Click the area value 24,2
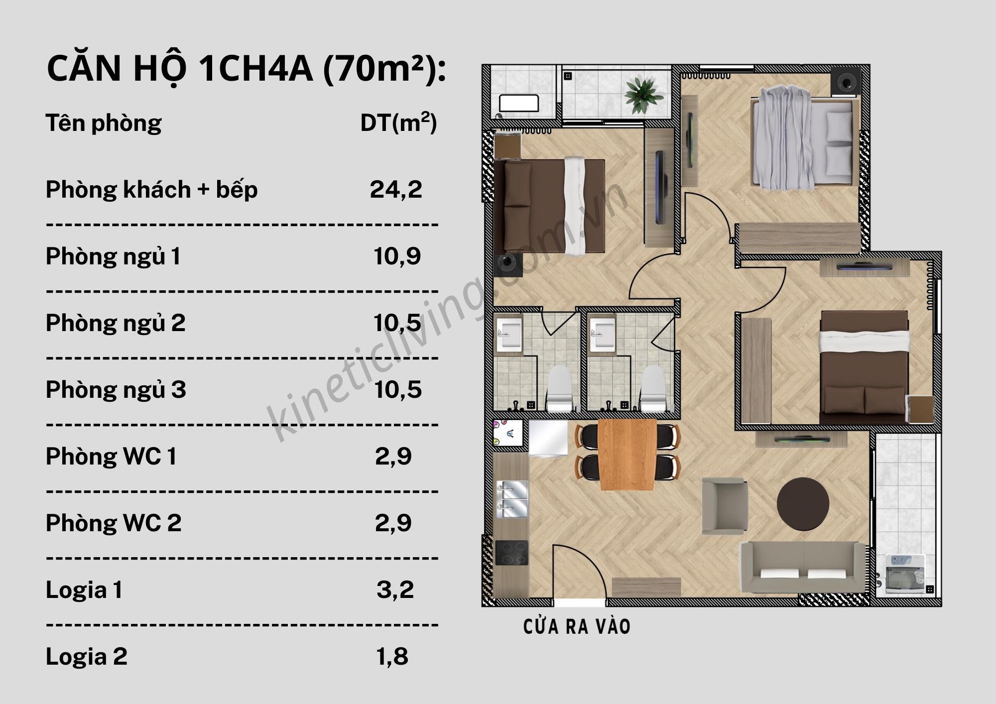[396, 190]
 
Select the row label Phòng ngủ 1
[113, 256]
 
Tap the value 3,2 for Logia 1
[395, 590]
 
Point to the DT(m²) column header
[398, 123]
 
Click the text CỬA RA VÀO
[577, 627]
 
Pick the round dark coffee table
[803, 504]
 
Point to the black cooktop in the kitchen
[511, 553]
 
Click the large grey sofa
[802, 567]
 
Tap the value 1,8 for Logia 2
[392, 657]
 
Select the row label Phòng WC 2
[114, 523]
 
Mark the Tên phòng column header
[104, 123]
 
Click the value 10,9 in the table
[397, 256]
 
